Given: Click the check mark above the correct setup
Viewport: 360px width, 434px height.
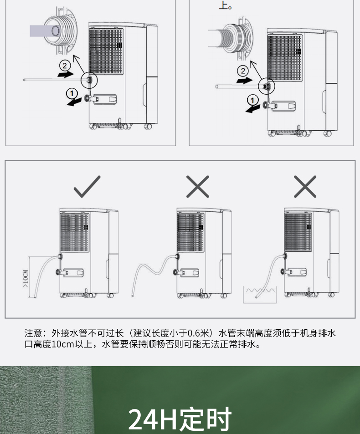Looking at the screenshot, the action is coord(87,187).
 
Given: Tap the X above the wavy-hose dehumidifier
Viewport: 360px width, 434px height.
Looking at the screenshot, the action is coord(198,187).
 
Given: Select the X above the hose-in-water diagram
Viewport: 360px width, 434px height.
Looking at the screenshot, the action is coord(305,187).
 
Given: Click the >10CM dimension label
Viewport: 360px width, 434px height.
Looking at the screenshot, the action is coord(26,278).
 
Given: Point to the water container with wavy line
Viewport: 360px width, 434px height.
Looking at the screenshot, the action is coord(260,295).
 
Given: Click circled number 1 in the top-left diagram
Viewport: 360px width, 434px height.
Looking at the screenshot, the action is coord(72,93).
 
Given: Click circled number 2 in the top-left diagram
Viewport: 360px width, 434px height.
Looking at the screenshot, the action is coord(65,66).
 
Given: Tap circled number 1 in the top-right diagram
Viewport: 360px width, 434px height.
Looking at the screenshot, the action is coord(252,100).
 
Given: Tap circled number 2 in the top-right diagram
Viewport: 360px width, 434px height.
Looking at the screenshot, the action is coord(243,71).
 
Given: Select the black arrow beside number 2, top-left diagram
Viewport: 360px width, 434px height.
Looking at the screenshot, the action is coord(66,74).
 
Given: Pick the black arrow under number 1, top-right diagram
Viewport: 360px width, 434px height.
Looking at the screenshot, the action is coord(252,109).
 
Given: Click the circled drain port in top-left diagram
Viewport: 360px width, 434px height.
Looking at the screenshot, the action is coord(89,80).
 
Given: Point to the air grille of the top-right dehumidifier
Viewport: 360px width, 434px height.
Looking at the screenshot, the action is coord(284,58).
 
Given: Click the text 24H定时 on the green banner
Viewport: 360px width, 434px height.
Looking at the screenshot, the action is coord(180,419).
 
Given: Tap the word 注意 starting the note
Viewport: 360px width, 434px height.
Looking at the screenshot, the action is coord(33,333).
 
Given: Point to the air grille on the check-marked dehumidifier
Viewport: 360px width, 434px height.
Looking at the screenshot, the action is coord(74,233).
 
